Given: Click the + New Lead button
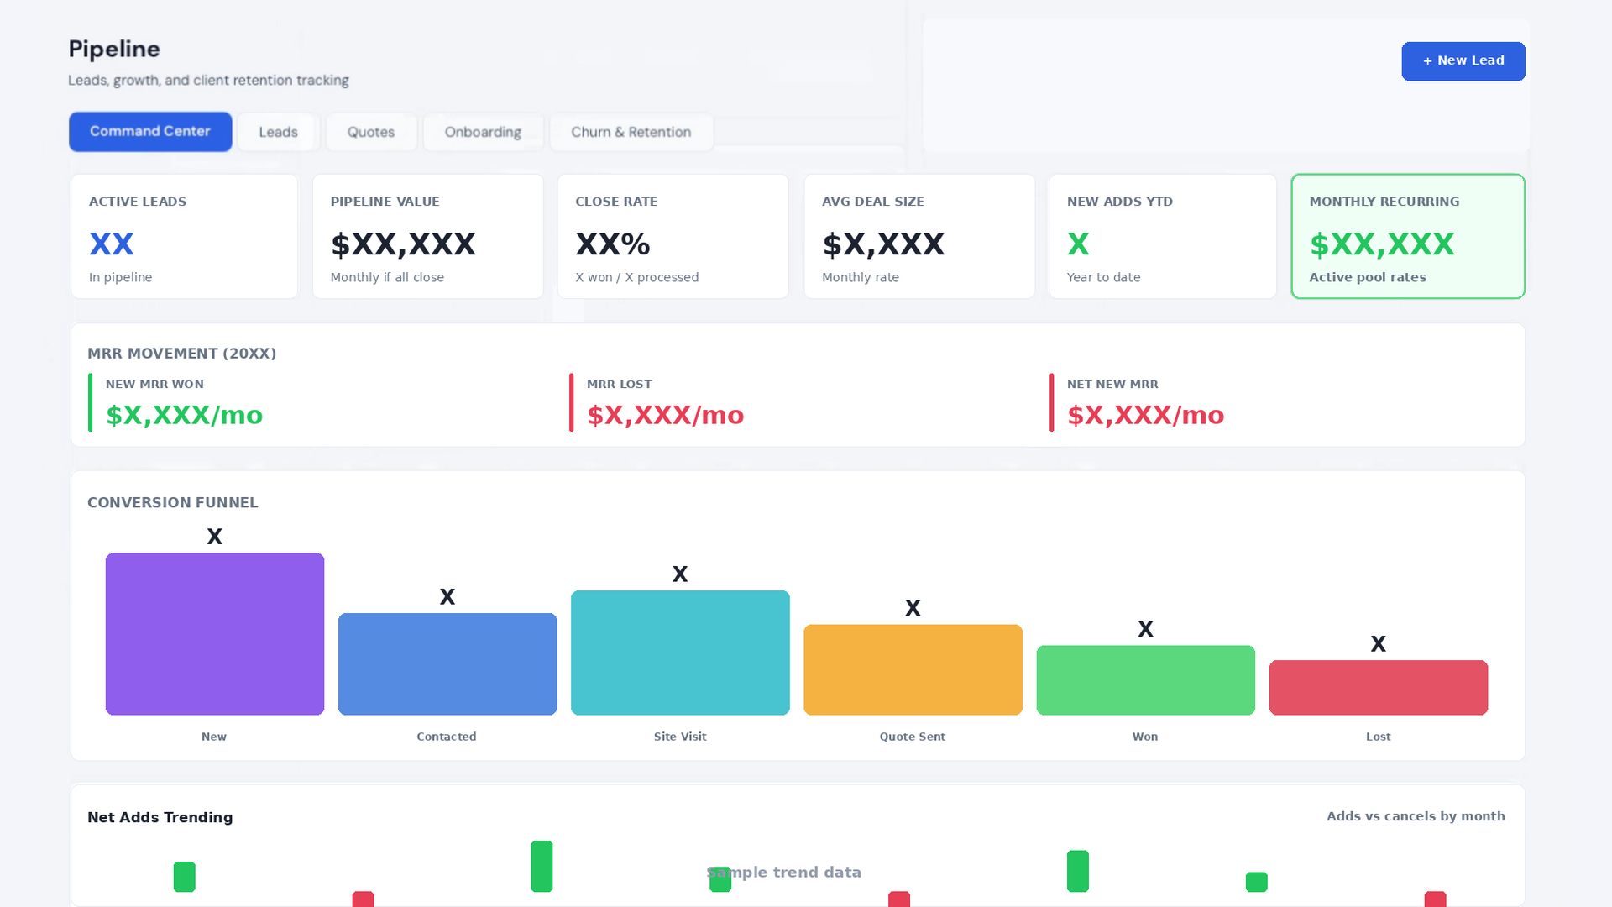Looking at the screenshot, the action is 1463,61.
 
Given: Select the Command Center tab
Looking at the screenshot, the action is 150,132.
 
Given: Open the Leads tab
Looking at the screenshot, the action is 278,132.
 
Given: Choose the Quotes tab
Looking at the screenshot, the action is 371,132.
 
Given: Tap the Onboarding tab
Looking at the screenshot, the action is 483,132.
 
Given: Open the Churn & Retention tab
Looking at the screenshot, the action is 631,132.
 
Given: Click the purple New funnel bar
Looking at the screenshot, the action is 215,634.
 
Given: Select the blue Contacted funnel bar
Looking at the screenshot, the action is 447,664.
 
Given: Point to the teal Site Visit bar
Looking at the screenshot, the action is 680,653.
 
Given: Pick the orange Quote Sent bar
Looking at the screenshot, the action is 913,670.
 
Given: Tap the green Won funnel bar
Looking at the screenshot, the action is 1146,680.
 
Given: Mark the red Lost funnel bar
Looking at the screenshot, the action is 1379,688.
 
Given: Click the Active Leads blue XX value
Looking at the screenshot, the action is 112,244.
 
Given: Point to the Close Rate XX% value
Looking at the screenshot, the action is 613,244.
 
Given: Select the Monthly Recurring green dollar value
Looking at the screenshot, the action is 1382,244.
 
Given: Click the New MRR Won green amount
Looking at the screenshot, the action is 184,415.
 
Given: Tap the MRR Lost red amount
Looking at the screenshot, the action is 665,415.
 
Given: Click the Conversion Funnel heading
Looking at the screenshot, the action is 173,502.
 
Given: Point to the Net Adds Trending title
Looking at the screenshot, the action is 160,817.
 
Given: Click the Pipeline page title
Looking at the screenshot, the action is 114,50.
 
